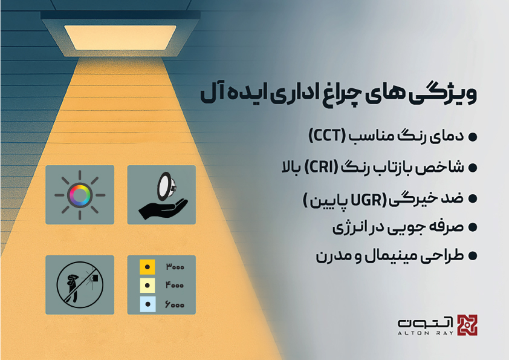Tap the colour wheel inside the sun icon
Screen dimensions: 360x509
(x=80, y=195)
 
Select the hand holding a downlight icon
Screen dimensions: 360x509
(x=161, y=195)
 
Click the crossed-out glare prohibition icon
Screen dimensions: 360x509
(x=80, y=284)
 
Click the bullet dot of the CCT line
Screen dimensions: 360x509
(x=473, y=137)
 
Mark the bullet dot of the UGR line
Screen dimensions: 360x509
(x=473, y=198)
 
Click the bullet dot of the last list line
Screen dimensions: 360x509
(x=473, y=257)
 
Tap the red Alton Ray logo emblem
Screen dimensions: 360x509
(x=466, y=326)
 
